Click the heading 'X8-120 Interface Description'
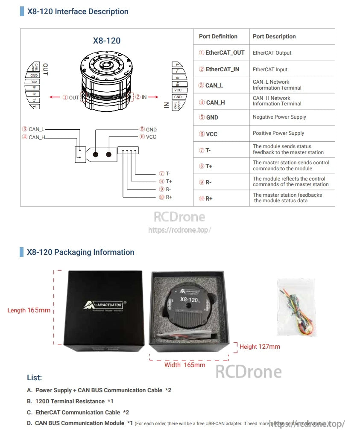coord(78,12)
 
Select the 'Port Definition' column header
coord(218,37)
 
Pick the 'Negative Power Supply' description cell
coord(279,117)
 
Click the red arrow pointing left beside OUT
coord(54,97)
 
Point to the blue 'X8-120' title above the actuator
coord(107,41)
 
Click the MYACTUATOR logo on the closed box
coord(104,305)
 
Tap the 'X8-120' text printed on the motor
coord(189,300)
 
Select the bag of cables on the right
coord(297,306)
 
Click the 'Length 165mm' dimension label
coord(29,310)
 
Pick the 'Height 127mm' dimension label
coord(260,347)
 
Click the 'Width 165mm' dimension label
coord(184,365)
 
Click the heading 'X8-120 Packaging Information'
coord(80,252)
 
